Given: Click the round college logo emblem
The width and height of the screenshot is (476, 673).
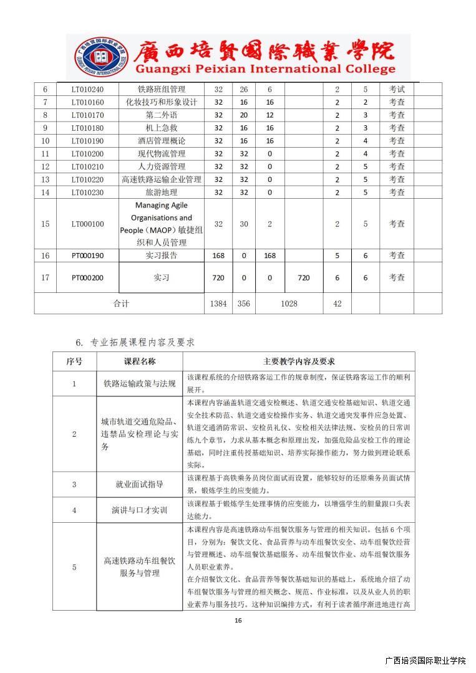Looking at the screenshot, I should [94, 57].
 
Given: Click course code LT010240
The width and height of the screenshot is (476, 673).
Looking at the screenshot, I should [87, 89].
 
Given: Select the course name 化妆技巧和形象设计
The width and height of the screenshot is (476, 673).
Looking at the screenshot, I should [162, 102].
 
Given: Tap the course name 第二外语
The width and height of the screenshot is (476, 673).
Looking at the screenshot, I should [162, 115].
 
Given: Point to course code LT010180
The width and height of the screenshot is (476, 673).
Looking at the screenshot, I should [87, 128].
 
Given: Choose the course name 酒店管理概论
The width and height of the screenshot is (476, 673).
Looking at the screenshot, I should [162, 141].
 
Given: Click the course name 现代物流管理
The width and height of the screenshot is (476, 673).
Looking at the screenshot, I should [162, 153].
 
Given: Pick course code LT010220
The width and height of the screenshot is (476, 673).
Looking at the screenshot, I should [87, 179].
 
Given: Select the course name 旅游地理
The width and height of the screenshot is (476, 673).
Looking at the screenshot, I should [162, 192].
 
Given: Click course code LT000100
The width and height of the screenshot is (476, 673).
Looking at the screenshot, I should [87, 224].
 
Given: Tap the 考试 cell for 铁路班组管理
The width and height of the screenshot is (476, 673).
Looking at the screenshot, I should [397, 89].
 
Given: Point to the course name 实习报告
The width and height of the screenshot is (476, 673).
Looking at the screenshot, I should [162, 255].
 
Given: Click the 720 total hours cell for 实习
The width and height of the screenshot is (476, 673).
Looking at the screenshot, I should [218, 278].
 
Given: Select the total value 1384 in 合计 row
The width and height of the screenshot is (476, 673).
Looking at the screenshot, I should [218, 303].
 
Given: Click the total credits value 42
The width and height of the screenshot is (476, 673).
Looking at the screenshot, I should [337, 303].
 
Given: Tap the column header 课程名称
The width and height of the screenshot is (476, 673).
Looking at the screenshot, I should [140, 361].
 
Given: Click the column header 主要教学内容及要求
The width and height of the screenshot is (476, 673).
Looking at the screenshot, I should [299, 361].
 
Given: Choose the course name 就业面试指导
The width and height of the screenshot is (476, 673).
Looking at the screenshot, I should [140, 484].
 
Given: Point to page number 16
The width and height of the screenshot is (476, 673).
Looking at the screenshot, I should [238, 620].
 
